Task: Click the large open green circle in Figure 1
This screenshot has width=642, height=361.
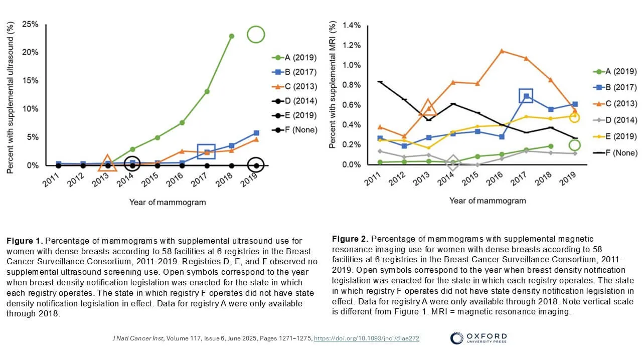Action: point(255,35)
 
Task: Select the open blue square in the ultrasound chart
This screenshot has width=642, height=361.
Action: point(206,151)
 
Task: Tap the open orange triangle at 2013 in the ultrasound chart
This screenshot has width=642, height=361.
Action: point(107,163)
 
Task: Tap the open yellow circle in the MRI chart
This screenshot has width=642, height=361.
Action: point(575,117)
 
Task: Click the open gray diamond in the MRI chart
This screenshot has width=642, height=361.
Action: point(453,162)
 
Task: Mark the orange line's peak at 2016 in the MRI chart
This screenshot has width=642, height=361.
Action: point(502,51)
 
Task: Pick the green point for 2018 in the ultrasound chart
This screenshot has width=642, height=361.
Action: point(231,36)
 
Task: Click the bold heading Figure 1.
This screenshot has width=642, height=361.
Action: point(25,241)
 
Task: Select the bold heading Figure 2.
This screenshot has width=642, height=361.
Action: point(351,238)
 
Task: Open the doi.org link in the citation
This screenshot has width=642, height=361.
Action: point(367,338)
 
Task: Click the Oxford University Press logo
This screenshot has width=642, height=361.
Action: point(478,338)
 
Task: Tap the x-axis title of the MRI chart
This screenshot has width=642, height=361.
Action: point(488,201)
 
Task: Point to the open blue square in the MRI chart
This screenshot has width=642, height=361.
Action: point(526,96)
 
